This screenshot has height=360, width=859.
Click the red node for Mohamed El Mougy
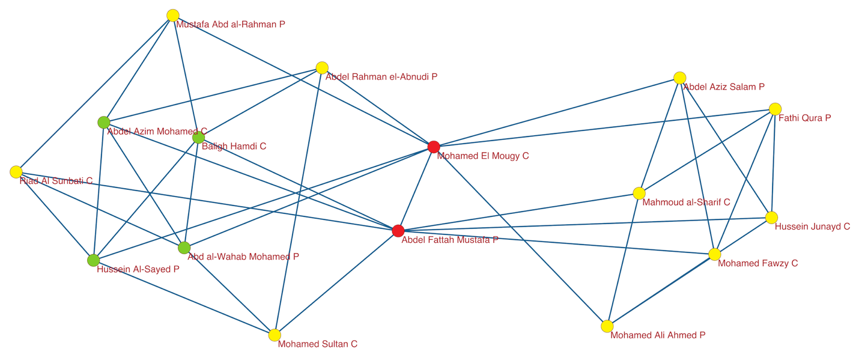[434, 147]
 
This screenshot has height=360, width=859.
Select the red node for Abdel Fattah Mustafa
[398, 231]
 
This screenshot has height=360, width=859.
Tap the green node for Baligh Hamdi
[198, 138]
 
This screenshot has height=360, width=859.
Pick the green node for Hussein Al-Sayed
[93, 260]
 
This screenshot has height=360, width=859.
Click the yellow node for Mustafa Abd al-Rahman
[173, 16]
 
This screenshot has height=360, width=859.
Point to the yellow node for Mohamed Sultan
[275, 335]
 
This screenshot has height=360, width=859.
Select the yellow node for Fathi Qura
[775, 109]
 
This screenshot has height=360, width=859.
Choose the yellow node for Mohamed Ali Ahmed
[607, 326]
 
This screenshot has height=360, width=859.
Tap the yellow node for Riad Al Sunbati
[16, 172]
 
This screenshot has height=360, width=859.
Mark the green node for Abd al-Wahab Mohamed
[184, 248]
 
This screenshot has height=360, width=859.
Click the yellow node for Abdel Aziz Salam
[679, 78]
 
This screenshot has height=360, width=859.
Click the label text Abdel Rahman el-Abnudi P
[381, 77]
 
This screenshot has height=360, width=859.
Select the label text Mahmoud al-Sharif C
[686, 203]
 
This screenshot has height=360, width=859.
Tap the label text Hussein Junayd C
[812, 227]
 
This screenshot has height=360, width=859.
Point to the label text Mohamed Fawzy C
[757, 264]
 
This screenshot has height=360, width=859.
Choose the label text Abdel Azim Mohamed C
[157, 131]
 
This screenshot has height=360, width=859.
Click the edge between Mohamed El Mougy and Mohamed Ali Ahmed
[520, 236]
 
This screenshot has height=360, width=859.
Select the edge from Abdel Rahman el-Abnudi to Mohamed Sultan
[299, 201]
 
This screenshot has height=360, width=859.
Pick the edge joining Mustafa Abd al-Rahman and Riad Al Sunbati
[95, 93]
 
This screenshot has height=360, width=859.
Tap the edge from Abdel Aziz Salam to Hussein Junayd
[726, 147]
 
